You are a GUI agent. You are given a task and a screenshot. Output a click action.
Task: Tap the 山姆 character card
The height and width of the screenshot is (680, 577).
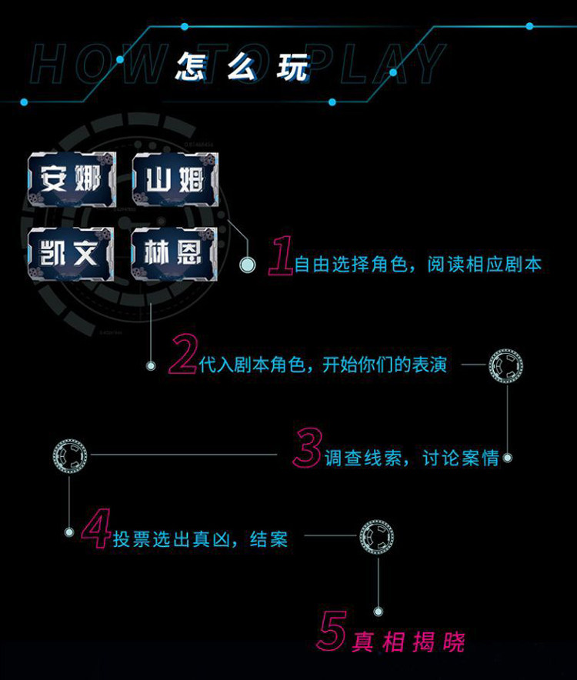pos(175,181)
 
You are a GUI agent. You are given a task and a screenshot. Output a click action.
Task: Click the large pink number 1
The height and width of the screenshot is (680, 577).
pos(281,256)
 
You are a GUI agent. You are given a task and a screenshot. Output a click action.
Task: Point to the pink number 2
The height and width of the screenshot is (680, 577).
pos(183,356)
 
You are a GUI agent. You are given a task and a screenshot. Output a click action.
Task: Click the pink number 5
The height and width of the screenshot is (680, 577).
pos(332,632)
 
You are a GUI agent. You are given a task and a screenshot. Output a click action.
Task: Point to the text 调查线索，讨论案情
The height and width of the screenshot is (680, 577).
pos(412,458)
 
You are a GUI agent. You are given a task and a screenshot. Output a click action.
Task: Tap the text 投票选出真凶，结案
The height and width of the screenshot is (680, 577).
pos(200,539)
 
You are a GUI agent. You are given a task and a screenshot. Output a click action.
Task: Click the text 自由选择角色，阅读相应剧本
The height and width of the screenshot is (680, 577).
pos(418,265)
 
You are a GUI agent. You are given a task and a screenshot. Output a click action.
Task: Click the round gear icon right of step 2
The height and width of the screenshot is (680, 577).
pos(506,364)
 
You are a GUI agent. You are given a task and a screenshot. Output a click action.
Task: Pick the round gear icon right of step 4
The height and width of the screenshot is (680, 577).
pos(377,535)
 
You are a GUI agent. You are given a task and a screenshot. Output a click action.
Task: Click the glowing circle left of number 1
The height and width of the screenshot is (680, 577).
pos(248,265)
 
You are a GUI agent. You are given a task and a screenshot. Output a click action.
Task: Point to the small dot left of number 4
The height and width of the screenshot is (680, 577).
pos(69,532)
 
